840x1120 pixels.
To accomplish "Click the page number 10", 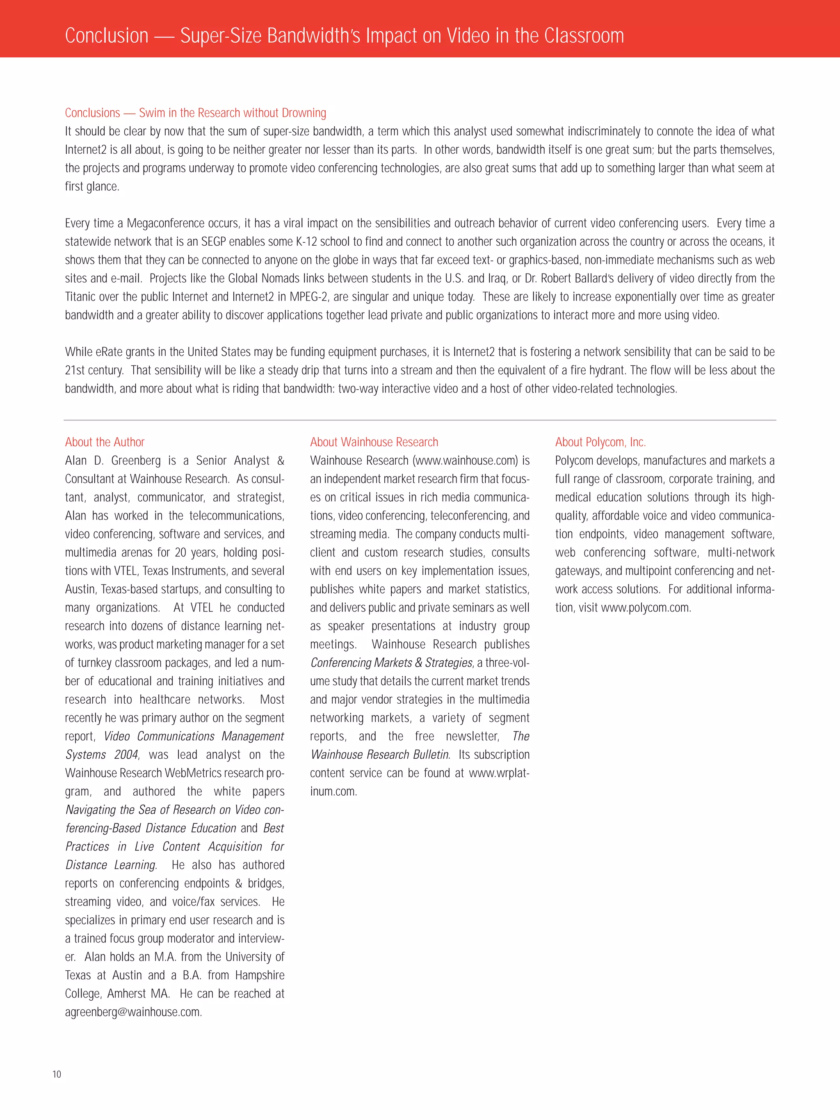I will coord(57,1074).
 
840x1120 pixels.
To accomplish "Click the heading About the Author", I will coord(105,442).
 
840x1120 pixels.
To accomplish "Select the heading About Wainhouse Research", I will coord(374,442).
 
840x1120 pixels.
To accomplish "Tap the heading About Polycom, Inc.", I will coord(600,442).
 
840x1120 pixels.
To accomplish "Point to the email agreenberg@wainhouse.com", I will coord(133,1012).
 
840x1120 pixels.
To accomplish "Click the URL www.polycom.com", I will coord(646,608).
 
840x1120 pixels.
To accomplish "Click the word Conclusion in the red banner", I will coord(107,35).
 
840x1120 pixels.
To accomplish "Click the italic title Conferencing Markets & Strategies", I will coord(391,663).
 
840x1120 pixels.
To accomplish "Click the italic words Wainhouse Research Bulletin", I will coord(380,755).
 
